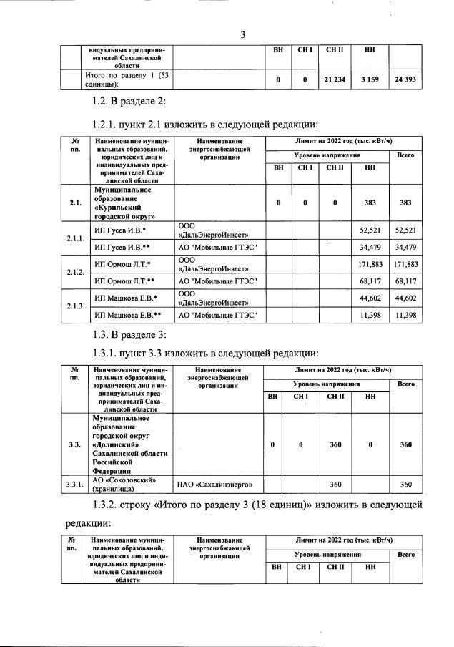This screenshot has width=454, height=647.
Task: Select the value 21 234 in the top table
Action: coord(335,80)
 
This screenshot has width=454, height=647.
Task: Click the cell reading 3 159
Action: coord(370,80)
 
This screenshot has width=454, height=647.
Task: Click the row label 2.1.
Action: coord(75,203)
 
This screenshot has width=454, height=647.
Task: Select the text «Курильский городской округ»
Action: coord(124,209)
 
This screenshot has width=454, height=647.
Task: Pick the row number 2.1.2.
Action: coord(75,273)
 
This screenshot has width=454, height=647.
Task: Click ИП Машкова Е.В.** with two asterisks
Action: coord(128,316)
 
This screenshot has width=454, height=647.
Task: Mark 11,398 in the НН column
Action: coord(370,316)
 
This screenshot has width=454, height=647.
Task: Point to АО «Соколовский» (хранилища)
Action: coord(126,485)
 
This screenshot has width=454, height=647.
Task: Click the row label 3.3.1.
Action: coord(75,485)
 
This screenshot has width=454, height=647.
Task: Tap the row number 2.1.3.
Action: coord(75,306)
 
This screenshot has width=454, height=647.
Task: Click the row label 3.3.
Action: coord(75,444)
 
